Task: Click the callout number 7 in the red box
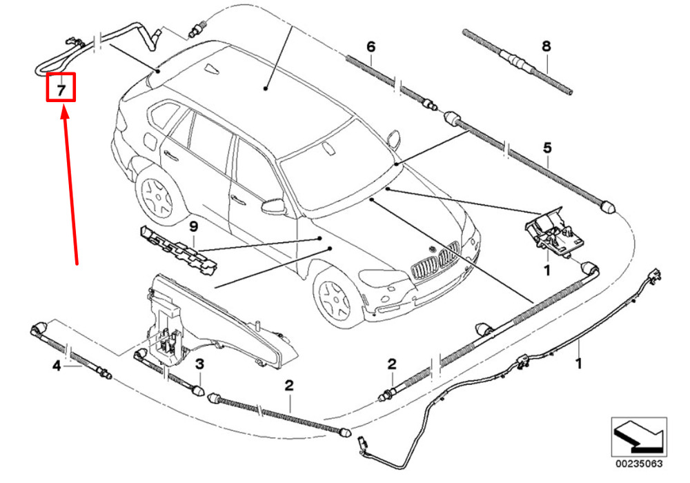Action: tap(60, 90)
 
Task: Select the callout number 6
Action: tap(371, 47)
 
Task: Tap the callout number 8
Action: tap(546, 47)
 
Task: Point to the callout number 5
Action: tap(547, 148)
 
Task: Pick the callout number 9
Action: tap(194, 226)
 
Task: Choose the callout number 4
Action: tap(57, 367)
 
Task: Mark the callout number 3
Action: tap(199, 364)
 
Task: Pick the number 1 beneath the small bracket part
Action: tap(546, 270)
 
